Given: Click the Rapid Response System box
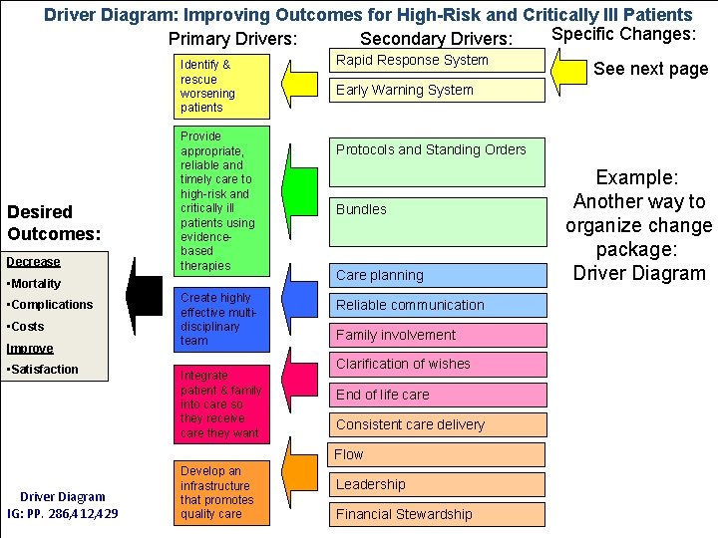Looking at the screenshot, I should (439, 61).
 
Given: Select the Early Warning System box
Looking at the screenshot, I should (439, 91).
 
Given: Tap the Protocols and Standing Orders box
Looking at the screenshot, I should (439, 161).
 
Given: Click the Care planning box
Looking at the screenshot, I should (439, 275).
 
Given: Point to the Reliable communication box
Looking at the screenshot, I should (439, 306).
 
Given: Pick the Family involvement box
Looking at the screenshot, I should (439, 336).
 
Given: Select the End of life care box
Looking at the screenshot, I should (439, 395).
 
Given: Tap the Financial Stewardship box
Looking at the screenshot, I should (439, 514).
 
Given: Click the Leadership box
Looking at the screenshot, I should (439, 485).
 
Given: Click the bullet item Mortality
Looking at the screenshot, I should (36, 283).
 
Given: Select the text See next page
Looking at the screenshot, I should (650, 70).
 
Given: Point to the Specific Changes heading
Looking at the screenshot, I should (622, 34).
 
